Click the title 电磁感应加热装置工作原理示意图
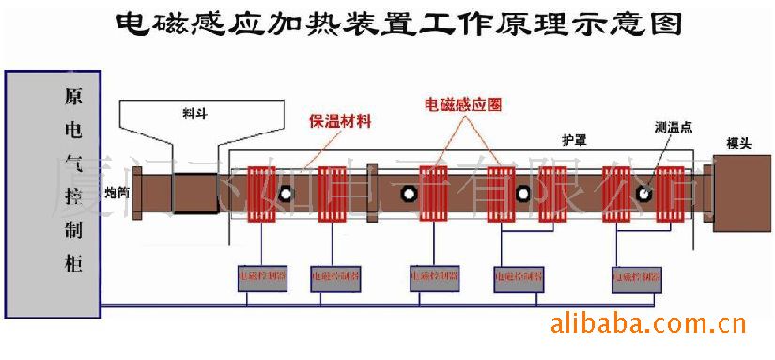[x=399, y=23]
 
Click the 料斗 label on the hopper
[x=195, y=112]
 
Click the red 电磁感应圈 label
[x=463, y=105]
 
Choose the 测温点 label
[x=674, y=127]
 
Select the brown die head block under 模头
[x=742, y=196]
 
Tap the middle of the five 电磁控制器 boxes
[x=436, y=277]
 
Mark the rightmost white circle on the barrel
[x=644, y=195]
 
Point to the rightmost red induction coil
[x=670, y=196]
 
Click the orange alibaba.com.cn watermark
[x=646, y=326]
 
